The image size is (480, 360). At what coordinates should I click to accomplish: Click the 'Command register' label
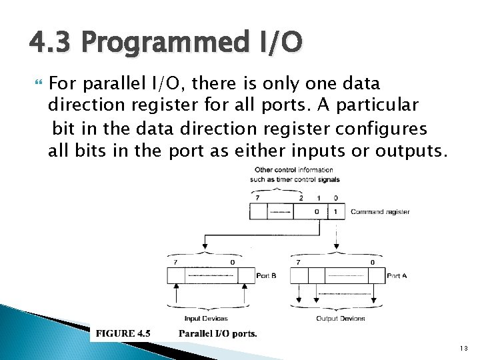point(380,212)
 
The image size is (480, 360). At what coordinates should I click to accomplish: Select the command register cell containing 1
point(335,212)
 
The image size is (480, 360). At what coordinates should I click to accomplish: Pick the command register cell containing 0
point(317,212)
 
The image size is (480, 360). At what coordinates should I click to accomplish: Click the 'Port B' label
point(265,275)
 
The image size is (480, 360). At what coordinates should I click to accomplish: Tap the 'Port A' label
point(397,275)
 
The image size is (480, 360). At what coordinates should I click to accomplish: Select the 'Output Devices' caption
point(340,318)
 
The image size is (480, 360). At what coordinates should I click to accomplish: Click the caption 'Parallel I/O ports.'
point(217,333)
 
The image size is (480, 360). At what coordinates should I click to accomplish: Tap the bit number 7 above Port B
point(175,262)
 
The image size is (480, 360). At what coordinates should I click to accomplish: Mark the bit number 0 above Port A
point(372,262)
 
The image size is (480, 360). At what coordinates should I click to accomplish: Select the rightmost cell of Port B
point(243,275)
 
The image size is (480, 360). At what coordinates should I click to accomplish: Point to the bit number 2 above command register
point(301,197)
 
